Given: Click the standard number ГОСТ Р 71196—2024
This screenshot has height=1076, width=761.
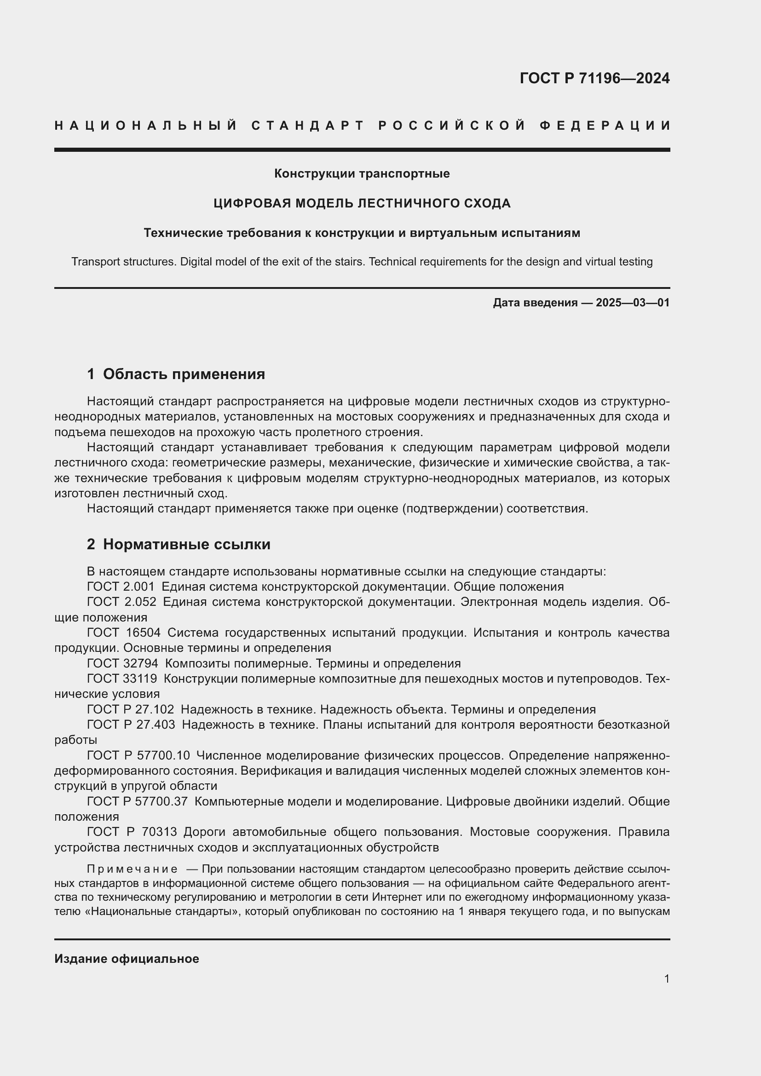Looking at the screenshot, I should click(x=594, y=78).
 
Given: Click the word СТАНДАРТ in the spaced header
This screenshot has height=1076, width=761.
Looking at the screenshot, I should click(x=308, y=126).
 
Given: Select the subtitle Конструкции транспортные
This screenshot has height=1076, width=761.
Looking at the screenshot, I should click(x=362, y=174).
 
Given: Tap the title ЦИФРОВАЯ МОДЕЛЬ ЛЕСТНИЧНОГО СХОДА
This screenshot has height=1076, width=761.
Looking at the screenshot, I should click(x=362, y=203).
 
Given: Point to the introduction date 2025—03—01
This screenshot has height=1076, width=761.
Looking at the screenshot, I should click(x=633, y=303).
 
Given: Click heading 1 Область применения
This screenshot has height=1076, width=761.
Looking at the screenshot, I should click(x=176, y=374).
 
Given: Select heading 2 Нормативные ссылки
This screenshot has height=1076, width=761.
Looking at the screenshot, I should click(x=179, y=544).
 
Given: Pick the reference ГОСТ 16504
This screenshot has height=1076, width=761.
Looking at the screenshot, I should click(x=123, y=633).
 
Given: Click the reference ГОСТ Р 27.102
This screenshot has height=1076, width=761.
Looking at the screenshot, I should click(x=130, y=709).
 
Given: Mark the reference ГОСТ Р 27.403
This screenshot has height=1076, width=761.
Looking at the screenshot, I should click(x=131, y=725).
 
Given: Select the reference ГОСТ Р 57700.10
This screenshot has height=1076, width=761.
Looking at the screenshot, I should click(x=138, y=755).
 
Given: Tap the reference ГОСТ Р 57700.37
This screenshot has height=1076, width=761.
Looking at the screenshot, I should click(x=137, y=801).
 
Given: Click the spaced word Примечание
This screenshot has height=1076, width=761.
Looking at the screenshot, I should click(x=132, y=869).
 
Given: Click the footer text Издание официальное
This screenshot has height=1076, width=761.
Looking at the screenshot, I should click(x=127, y=959).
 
